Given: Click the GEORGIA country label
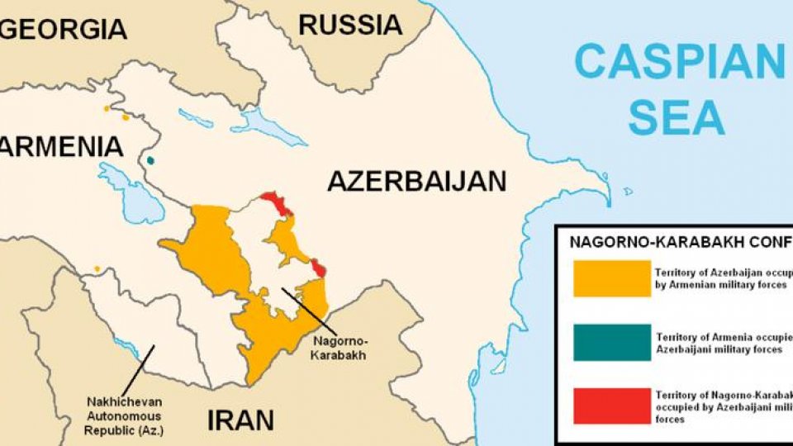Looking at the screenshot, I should pyautogui.click(x=64, y=29).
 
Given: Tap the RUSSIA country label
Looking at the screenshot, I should pyautogui.click(x=350, y=24).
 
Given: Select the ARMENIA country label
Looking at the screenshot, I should pyautogui.click(x=62, y=148).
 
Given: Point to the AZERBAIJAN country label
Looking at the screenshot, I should pyautogui.click(x=416, y=181).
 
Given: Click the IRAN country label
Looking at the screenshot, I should pyautogui.click(x=240, y=420).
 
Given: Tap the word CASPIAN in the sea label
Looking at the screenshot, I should pyautogui.click(x=678, y=62).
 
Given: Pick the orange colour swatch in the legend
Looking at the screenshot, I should pyautogui.click(x=611, y=278).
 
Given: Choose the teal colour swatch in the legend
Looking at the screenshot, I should pyautogui.click(x=611, y=342).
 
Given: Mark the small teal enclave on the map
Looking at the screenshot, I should pyautogui.click(x=150, y=161).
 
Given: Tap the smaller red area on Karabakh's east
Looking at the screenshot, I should pyautogui.click(x=318, y=268).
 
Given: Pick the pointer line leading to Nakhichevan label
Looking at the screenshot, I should pyautogui.click(x=135, y=368).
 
